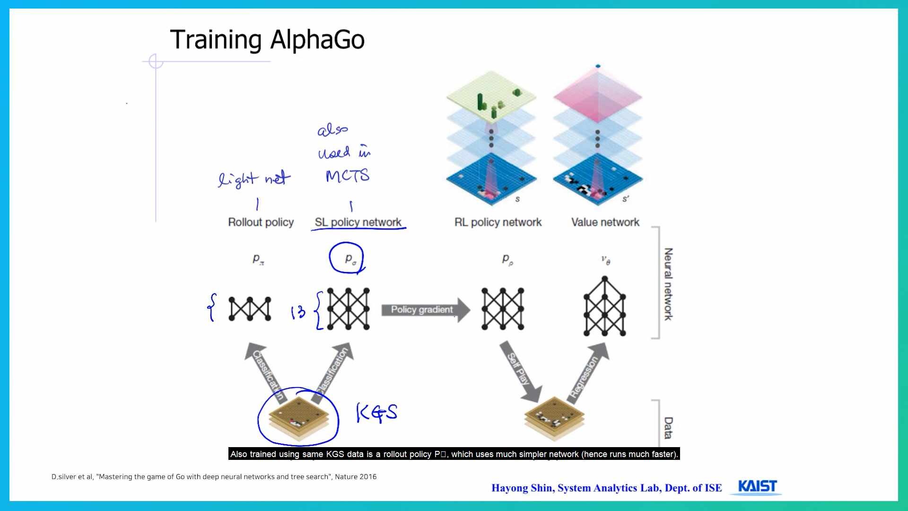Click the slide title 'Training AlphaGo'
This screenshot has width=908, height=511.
click(x=267, y=40)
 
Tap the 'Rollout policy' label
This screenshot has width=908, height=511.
click(x=261, y=222)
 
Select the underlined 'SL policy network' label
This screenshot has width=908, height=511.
click(x=358, y=222)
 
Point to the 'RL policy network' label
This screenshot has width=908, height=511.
click(x=498, y=222)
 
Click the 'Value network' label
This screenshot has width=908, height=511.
click(x=605, y=222)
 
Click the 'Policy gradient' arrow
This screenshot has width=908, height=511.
click(x=425, y=310)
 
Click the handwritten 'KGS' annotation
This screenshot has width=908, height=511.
click(x=376, y=413)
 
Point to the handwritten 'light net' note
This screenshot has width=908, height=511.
click(x=254, y=179)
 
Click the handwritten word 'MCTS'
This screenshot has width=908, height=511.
click(x=347, y=176)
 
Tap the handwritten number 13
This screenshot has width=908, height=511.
click(x=298, y=312)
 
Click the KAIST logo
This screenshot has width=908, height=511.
click(x=757, y=487)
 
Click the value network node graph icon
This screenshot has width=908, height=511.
click(x=604, y=308)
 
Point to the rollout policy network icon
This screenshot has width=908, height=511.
click(x=250, y=309)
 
